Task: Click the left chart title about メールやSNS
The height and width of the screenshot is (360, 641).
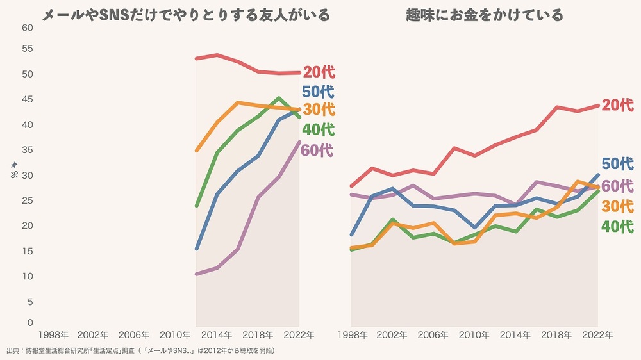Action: tap(186, 15)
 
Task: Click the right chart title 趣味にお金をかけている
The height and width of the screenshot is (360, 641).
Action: tap(485, 15)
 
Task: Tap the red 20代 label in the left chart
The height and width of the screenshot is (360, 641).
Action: tap(319, 72)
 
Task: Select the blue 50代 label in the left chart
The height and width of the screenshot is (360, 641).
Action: tap(318, 91)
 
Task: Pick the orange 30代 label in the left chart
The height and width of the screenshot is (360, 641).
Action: tap(319, 109)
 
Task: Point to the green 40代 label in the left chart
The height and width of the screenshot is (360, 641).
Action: tap(318, 129)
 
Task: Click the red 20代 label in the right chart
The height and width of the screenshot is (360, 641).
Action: tap(618, 105)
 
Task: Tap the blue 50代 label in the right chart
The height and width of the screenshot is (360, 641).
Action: tap(618, 163)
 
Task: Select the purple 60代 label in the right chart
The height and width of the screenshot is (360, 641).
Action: tap(618, 186)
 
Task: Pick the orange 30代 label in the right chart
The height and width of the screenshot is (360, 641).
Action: tap(618, 206)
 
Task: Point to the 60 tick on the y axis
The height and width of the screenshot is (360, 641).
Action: tap(27, 28)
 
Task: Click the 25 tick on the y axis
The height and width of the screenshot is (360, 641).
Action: tap(27, 200)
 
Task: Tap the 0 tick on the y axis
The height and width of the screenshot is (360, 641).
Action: tap(29, 322)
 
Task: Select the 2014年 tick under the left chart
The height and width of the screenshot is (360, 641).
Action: tap(217, 335)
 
